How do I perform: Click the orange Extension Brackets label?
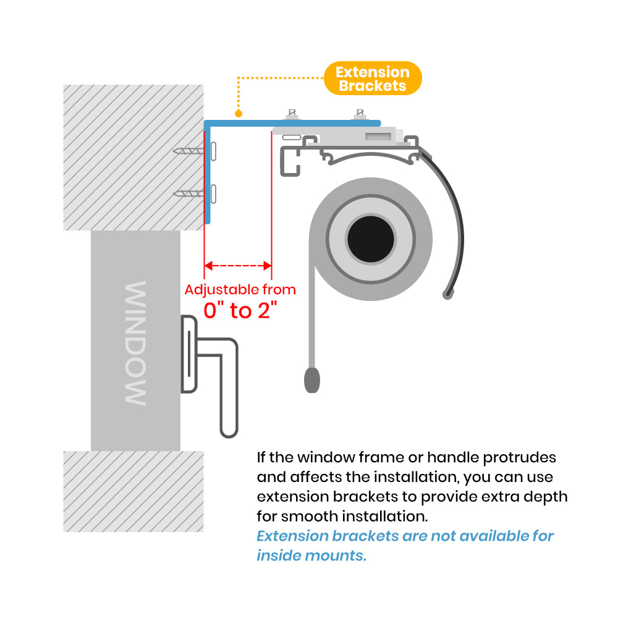(x=373, y=78)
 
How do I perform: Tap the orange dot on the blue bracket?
(x=238, y=114)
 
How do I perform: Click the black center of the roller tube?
(x=371, y=238)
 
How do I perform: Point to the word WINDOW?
(x=135, y=343)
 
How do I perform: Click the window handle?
(x=210, y=371)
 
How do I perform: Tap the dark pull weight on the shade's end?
(x=312, y=379)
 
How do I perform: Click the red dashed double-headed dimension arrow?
(x=238, y=266)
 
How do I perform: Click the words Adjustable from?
(x=240, y=289)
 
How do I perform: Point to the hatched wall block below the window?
(x=133, y=491)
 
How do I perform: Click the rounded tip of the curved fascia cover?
(x=446, y=294)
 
